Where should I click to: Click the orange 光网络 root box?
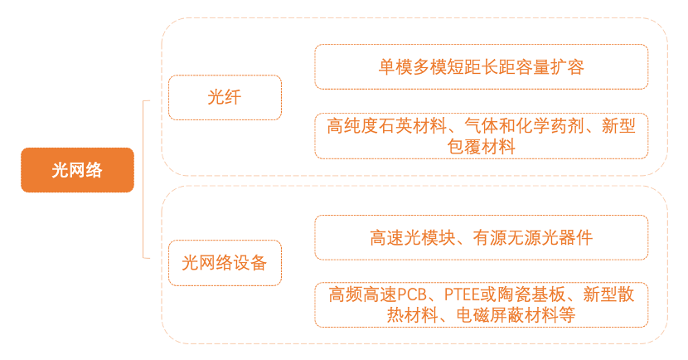click(77, 170)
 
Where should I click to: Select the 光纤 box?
click(225, 98)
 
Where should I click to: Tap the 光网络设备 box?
click(225, 263)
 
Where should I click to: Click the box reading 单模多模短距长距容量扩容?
click(481, 66)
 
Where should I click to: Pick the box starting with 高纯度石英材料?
click(481, 136)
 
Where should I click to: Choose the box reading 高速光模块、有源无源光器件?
click(481, 237)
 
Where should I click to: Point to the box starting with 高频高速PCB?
click(481, 304)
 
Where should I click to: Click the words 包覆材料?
click(481, 147)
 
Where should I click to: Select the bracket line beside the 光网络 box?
click(144, 178)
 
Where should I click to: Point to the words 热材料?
click(414, 315)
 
